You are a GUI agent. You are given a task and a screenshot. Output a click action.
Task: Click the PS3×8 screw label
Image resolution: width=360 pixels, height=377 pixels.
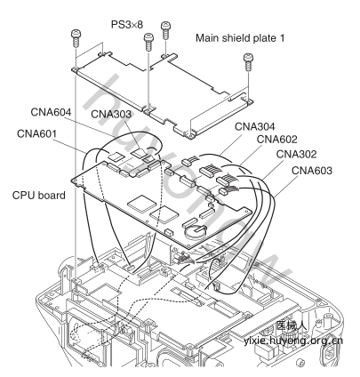click(x=127, y=25)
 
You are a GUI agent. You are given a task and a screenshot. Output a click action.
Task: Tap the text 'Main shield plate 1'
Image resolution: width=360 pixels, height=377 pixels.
click(x=240, y=38)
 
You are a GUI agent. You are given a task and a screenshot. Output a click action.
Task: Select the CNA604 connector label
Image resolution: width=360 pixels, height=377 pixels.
click(x=51, y=112)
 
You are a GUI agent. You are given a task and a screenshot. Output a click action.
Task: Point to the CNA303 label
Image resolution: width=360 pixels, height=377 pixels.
click(x=111, y=114)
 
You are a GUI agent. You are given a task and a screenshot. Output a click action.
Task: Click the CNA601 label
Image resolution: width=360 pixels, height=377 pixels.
click(x=36, y=133)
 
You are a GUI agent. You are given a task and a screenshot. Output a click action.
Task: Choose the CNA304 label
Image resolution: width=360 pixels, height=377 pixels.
click(x=255, y=126)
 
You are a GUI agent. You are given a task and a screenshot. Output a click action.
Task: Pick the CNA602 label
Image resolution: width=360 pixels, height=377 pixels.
click(x=276, y=139)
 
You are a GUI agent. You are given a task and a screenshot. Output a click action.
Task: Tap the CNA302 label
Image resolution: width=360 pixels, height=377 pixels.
click(x=296, y=154)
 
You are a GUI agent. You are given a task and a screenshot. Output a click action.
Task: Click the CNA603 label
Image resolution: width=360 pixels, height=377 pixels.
click(x=312, y=171)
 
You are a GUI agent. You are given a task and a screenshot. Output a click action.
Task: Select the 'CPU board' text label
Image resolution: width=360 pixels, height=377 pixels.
click(x=39, y=196)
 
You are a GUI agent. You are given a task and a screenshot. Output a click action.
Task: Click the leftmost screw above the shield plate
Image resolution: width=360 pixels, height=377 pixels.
click(x=76, y=38)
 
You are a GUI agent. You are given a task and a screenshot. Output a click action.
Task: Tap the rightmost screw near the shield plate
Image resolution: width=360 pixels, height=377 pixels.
click(x=248, y=61)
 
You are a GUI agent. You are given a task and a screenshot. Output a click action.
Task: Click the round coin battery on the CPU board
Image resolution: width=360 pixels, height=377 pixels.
click(x=195, y=231)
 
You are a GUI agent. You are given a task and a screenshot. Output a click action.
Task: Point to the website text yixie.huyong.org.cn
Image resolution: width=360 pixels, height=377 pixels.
click(x=293, y=341)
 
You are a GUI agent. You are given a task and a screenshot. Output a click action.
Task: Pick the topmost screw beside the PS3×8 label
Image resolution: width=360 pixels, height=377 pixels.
click(x=166, y=30)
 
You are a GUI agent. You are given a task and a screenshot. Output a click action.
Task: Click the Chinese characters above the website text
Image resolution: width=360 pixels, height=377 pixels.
click(x=292, y=325)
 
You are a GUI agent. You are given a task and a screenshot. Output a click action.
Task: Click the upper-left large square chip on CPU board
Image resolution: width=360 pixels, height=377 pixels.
click(x=141, y=204)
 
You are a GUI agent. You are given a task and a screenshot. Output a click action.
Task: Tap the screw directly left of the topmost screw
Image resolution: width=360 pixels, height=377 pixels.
click(x=148, y=42)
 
